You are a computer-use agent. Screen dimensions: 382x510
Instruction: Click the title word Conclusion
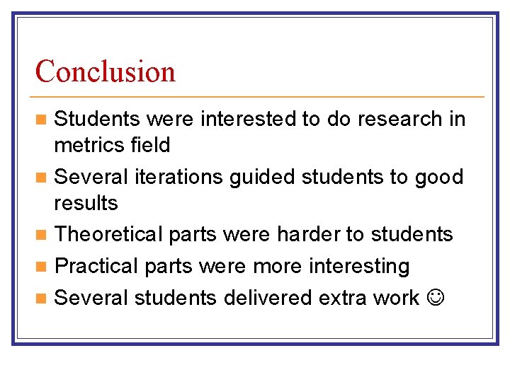[x=106, y=71]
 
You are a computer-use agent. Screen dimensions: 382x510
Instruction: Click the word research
[x=400, y=119]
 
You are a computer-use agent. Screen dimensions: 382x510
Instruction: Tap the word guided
[x=263, y=177]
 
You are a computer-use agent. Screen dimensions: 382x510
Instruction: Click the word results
[x=86, y=204]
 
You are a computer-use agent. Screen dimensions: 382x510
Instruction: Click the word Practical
[x=96, y=266]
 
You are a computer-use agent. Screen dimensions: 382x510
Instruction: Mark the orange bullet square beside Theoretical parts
[x=42, y=234]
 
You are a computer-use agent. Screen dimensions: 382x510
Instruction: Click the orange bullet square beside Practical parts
[x=42, y=267]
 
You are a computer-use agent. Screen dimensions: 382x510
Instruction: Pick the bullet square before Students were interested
[x=42, y=120]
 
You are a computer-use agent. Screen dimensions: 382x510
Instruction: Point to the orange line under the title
[x=259, y=96]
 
